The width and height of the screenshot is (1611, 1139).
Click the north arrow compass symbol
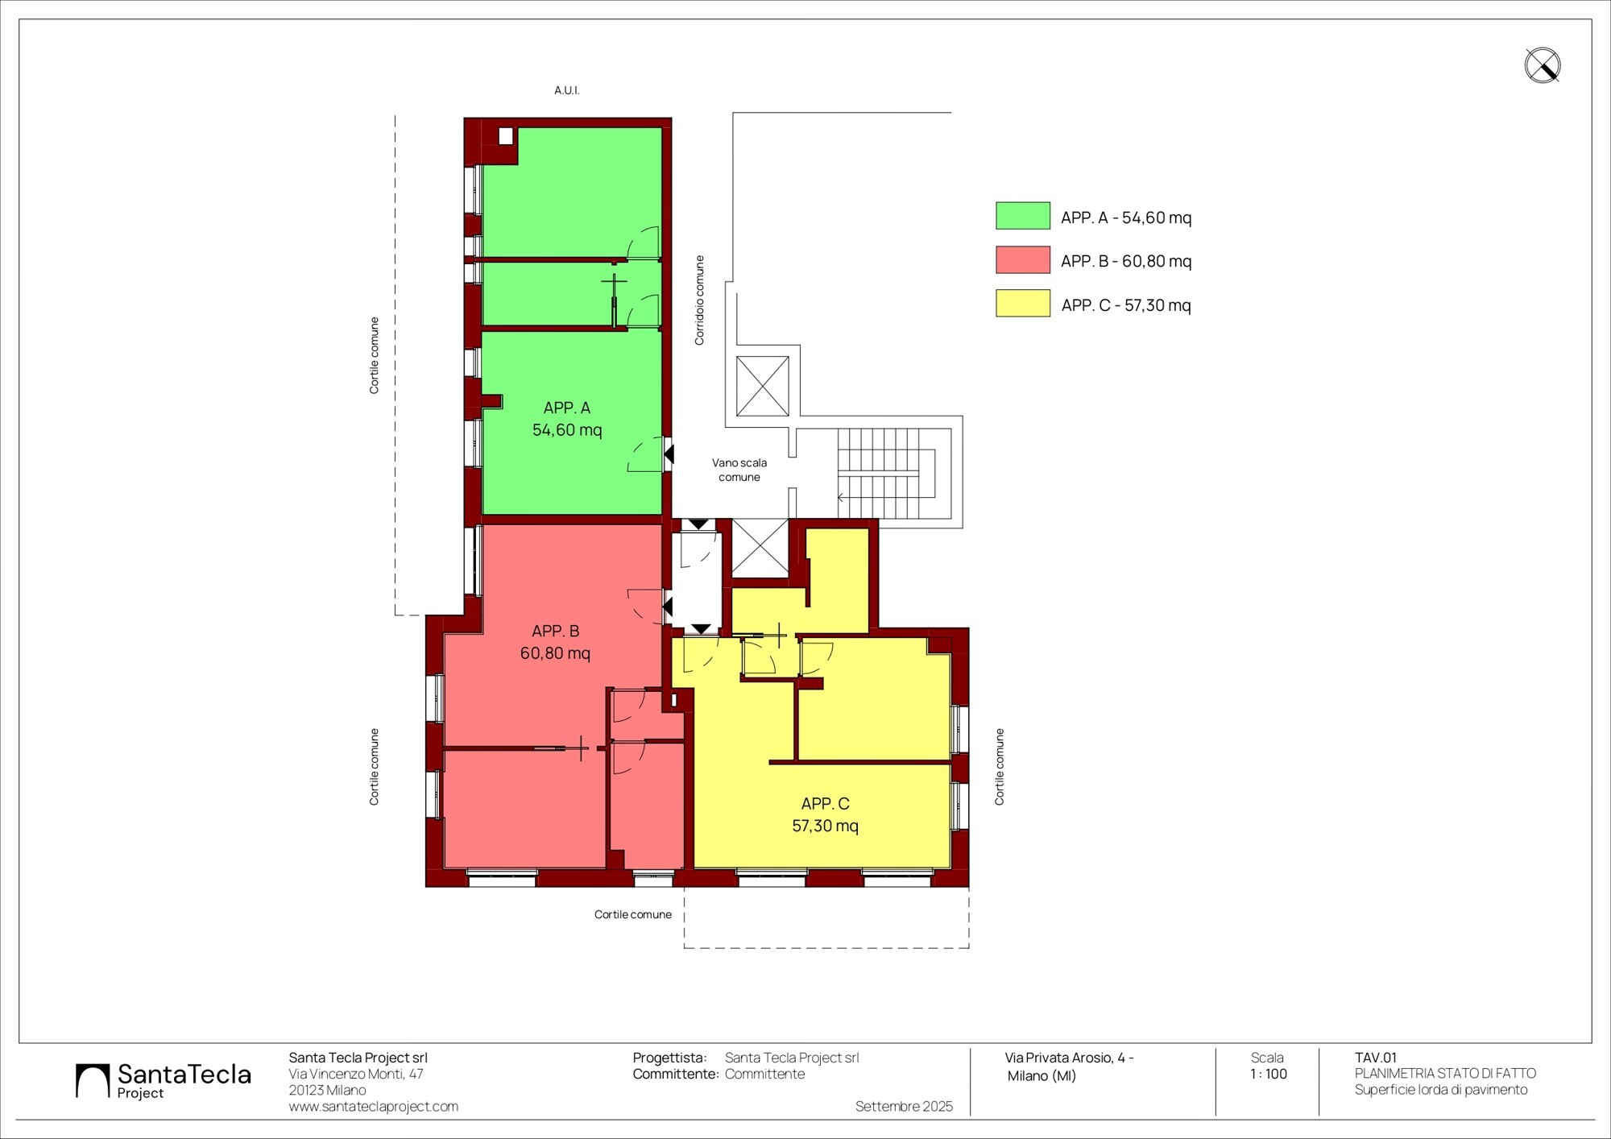1543,65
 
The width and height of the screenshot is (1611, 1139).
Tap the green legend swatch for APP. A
1023,216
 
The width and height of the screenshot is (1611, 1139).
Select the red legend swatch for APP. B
1023,259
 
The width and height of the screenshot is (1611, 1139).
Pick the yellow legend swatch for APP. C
1023,303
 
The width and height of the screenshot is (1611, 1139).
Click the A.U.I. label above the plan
567,90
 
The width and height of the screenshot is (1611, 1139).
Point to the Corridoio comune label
699,300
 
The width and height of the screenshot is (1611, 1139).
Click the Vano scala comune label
739,470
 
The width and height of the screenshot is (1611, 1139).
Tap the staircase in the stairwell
886,474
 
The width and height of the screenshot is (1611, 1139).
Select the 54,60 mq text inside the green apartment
567,430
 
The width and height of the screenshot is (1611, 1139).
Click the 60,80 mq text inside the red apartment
555,653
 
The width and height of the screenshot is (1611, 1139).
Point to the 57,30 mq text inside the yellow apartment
825,826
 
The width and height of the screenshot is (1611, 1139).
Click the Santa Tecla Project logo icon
93,1081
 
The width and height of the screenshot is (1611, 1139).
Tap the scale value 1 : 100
1269,1074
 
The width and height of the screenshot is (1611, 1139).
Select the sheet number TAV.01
1376,1058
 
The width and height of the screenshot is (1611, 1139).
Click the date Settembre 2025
904,1107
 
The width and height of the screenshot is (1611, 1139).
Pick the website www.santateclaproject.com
374,1107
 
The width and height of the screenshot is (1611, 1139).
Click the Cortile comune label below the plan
633,914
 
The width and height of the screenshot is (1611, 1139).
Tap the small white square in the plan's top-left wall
506,136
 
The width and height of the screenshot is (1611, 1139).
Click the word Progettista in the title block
669,1058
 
